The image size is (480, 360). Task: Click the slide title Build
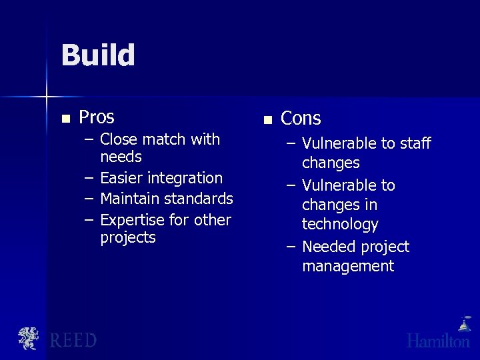pyautogui.click(x=98, y=55)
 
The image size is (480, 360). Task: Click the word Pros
pyautogui.click(x=97, y=117)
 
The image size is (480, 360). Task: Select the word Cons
pyautogui.click(x=301, y=119)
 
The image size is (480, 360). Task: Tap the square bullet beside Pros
pyautogui.click(x=65, y=119)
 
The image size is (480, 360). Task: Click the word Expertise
pyautogui.click(x=132, y=220)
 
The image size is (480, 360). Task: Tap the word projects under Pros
pyautogui.click(x=127, y=238)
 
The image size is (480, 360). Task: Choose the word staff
pyautogui.click(x=415, y=143)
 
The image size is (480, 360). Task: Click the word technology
pyautogui.click(x=340, y=224)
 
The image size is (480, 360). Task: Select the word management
pyautogui.click(x=348, y=266)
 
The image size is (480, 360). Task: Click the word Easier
pyautogui.click(x=121, y=178)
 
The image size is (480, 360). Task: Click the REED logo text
pyautogui.click(x=73, y=340)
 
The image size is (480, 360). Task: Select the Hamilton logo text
pyautogui.click(x=438, y=341)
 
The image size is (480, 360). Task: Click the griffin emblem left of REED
pyautogui.click(x=29, y=339)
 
